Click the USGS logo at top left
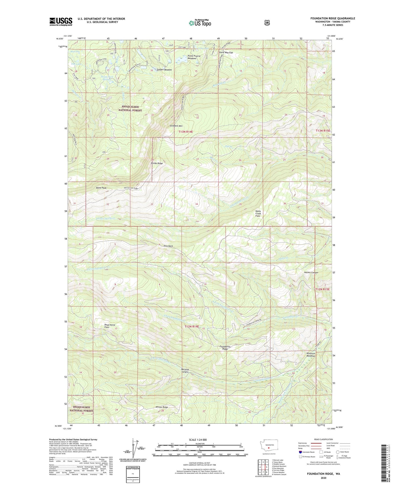tap(61, 22)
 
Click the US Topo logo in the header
tap(200, 23)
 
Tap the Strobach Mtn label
tap(176, 126)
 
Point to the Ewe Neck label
tap(168, 246)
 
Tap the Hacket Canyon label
tap(311, 272)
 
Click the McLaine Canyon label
tap(185, 371)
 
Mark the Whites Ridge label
tap(161, 407)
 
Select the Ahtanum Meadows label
tap(311, 354)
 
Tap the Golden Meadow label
tap(164, 70)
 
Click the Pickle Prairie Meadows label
tap(194, 57)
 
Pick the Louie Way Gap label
tap(226, 52)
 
